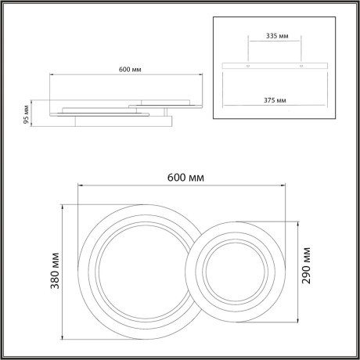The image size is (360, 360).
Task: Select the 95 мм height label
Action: pyautogui.click(x=26, y=114)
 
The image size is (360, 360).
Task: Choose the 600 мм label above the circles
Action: pyautogui.click(x=186, y=177)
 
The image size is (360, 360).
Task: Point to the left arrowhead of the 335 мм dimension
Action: pyautogui.click(x=249, y=44)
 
